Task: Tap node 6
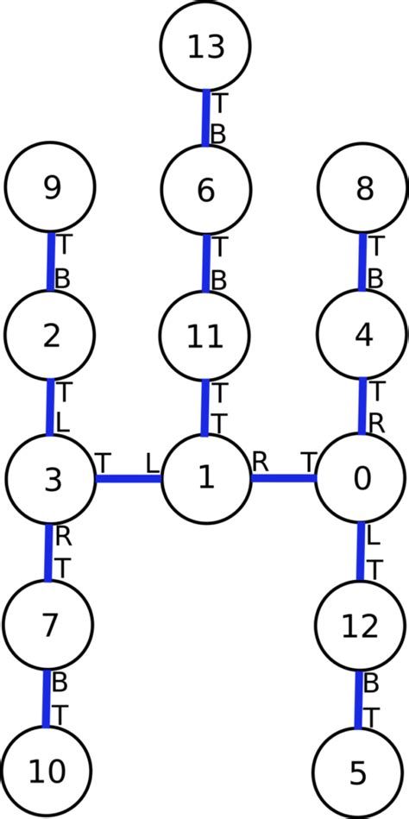click(x=206, y=190)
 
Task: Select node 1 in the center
click(x=206, y=478)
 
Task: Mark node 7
click(x=49, y=622)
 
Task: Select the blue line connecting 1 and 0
click(x=283, y=477)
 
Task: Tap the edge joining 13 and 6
click(x=206, y=117)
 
